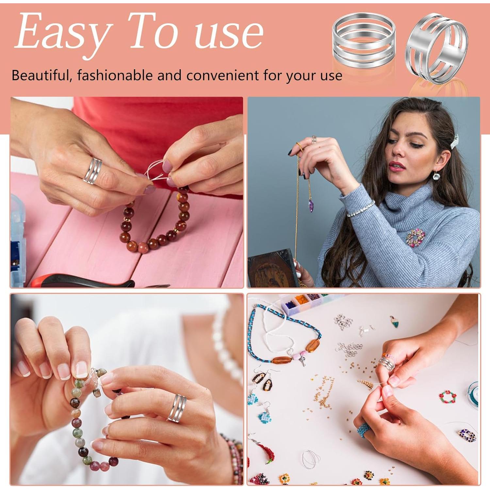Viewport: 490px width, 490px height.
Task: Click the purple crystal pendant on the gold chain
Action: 311,206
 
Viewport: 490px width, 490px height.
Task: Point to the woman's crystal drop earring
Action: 436,176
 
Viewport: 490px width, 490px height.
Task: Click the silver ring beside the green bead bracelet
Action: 177,408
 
